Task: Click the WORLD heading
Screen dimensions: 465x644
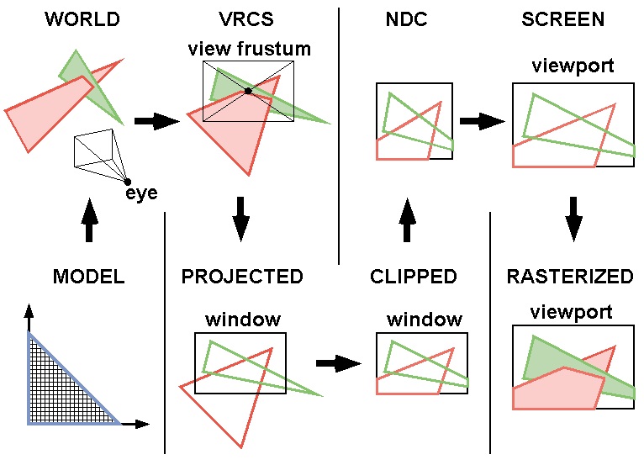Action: tap(82, 19)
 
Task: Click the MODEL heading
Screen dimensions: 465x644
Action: tap(88, 277)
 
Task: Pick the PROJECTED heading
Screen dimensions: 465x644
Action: tap(242, 277)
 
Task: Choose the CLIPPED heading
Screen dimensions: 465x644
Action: tap(414, 277)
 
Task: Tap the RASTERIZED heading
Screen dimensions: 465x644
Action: tap(570, 277)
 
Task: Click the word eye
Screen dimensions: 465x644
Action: tap(142, 194)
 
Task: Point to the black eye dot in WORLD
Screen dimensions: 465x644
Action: tap(127, 181)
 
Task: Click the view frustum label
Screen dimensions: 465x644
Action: tap(249, 49)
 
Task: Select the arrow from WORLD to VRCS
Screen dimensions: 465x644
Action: tap(157, 122)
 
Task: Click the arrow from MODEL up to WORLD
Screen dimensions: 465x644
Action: tap(91, 220)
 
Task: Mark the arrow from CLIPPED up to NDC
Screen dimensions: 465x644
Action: tap(407, 220)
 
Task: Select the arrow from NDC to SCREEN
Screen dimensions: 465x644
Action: tap(482, 122)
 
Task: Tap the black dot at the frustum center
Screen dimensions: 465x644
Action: tap(248, 91)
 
